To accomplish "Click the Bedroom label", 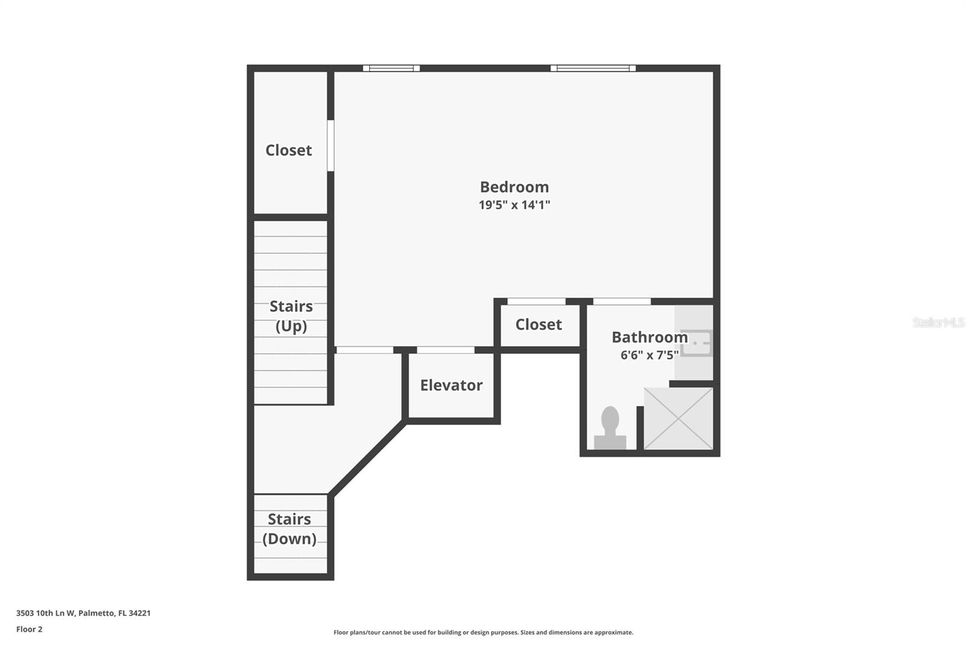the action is pyautogui.click(x=514, y=187).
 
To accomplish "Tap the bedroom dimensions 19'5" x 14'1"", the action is pyautogui.click(x=514, y=205).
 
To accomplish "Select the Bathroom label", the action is pyautogui.click(x=650, y=337).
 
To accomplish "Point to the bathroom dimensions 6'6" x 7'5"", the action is pyautogui.click(x=650, y=355).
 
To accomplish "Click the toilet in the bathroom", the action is pyautogui.click(x=610, y=427).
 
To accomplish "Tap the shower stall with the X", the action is pyautogui.click(x=678, y=419).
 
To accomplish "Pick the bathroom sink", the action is pyautogui.click(x=696, y=343).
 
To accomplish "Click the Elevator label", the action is pyautogui.click(x=451, y=385).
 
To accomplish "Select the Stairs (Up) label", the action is pyautogui.click(x=291, y=316).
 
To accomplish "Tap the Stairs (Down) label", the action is pyautogui.click(x=289, y=529).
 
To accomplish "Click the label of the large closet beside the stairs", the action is pyautogui.click(x=288, y=151).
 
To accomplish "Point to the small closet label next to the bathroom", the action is pyautogui.click(x=538, y=325).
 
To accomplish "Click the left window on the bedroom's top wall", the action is pyautogui.click(x=391, y=68).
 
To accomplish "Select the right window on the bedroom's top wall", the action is pyautogui.click(x=593, y=68).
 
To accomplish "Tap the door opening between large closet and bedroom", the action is pyautogui.click(x=330, y=146).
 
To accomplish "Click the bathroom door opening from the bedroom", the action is pyautogui.click(x=622, y=301).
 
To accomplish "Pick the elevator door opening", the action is pyautogui.click(x=445, y=350).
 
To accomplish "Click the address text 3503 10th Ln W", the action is pyautogui.click(x=46, y=613).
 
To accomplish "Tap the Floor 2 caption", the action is pyautogui.click(x=30, y=629).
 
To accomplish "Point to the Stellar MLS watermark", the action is pyautogui.click(x=939, y=322).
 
